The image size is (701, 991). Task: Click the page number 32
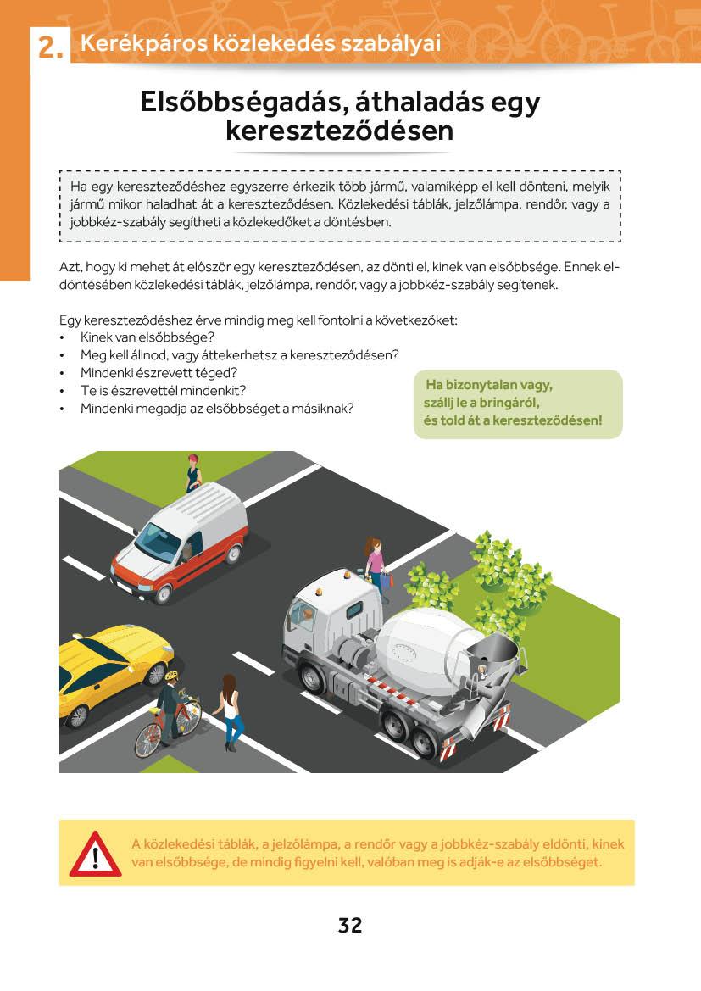(x=350, y=925)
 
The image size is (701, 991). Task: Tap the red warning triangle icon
(x=95, y=855)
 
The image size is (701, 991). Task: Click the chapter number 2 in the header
(x=48, y=47)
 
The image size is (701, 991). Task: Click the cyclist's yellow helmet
(x=172, y=676)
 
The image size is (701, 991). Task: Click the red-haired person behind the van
(x=193, y=472)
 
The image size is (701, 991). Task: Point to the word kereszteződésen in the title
(x=340, y=132)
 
